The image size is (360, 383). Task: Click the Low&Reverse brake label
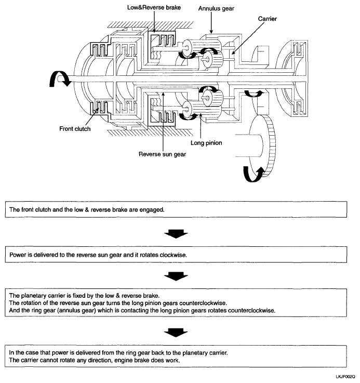(154, 8)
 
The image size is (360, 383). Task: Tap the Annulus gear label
(216, 8)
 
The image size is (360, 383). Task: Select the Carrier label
(268, 19)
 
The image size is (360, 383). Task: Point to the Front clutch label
(75, 129)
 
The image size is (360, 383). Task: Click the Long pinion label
(206, 143)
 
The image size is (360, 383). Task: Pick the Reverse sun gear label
(162, 154)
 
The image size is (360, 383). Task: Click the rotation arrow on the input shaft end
(59, 78)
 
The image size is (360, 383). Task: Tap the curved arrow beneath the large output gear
(254, 174)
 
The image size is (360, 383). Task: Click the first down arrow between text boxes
(176, 234)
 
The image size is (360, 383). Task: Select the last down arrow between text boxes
(176, 333)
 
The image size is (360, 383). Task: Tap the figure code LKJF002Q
(345, 377)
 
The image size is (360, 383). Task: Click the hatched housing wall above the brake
(150, 24)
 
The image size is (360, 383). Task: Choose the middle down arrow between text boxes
(176, 276)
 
